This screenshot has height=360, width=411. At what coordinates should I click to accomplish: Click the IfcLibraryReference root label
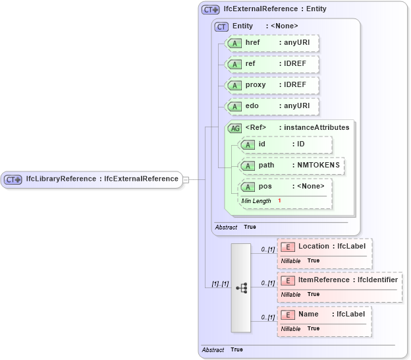101,179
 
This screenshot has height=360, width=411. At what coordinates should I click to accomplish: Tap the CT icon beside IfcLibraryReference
13,179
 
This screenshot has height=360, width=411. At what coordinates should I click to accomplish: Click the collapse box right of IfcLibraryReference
186,179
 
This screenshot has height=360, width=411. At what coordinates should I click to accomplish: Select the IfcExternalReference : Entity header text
275,9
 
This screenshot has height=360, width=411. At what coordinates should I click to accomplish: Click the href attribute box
272,43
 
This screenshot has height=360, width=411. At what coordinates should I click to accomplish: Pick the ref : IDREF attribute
272,64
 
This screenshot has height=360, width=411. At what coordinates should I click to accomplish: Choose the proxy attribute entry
272,85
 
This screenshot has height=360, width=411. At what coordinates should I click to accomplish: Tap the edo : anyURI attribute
272,106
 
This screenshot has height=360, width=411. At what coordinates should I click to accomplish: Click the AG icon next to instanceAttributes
234,128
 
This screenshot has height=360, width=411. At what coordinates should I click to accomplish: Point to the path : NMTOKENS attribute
291,165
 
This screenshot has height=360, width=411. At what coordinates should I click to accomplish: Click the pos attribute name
265,187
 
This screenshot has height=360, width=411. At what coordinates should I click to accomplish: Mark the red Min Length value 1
279,200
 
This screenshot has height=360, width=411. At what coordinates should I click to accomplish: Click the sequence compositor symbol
241,287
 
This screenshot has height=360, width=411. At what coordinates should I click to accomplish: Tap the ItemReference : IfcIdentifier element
339,280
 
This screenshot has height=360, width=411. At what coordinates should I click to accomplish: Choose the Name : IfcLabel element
324,315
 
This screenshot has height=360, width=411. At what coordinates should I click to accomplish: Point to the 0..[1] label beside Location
267,249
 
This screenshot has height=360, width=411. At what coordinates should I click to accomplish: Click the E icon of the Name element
287,315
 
